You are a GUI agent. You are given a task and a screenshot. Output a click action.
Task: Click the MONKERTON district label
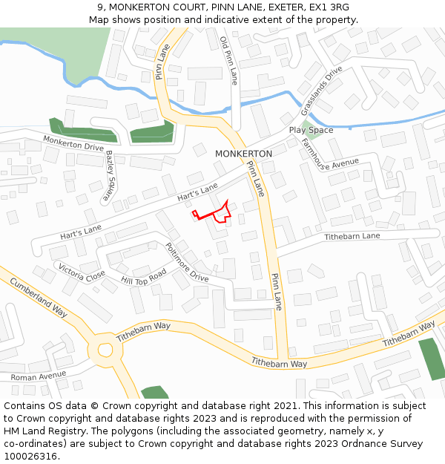tap(243, 154)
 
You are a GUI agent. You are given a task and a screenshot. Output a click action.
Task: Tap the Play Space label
tap(311, 131)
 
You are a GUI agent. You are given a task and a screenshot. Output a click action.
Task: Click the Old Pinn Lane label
tap(228, 59)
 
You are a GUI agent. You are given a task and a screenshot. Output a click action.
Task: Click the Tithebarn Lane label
tap(352, 236)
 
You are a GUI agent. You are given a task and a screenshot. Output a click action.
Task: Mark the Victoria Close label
tap(82, 272)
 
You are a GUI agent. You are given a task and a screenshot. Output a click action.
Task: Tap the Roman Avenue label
tap(38, 376)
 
